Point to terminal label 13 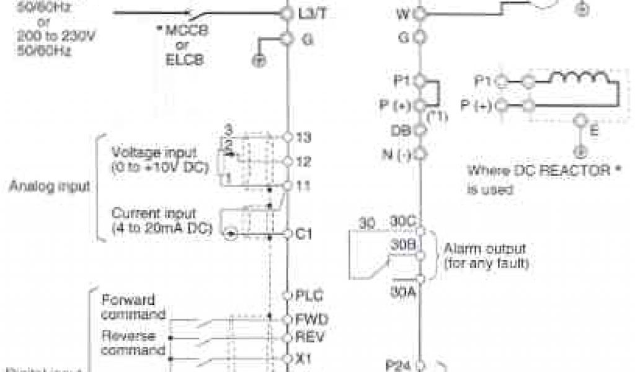(x=304, y=136)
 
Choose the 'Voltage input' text (x=153, y=152)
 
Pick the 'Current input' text (x=154, y=213)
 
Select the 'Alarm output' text (x=484, y=249)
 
